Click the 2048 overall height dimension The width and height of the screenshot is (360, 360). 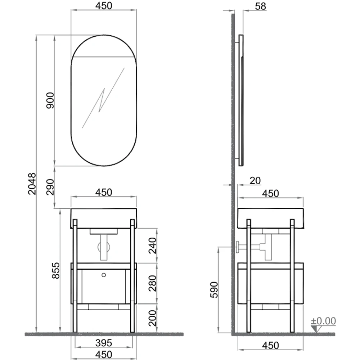32,184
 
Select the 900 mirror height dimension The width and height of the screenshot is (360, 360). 50,100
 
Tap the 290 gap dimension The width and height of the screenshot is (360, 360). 50,187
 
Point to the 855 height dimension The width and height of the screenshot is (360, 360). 55,270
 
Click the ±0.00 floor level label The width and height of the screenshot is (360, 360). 323,321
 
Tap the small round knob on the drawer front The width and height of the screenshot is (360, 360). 104,275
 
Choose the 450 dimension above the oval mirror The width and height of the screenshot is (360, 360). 104,6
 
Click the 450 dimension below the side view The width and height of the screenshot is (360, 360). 270,346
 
